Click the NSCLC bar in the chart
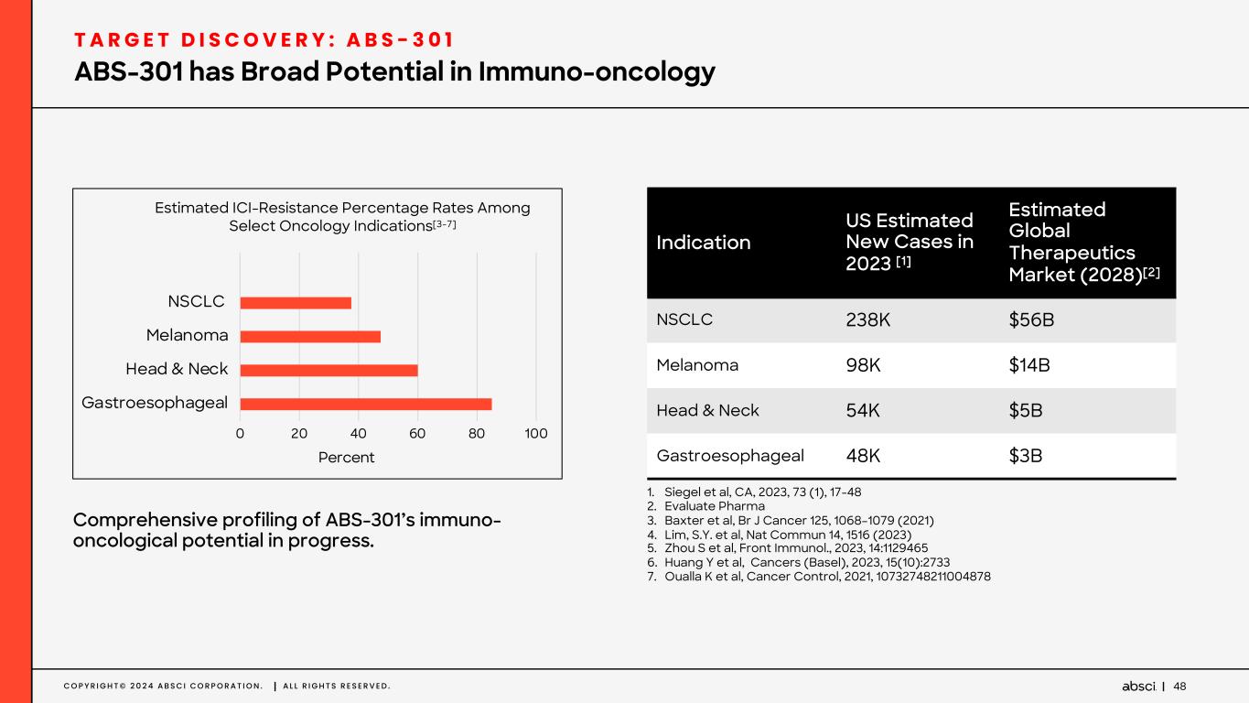pyautogui.click(x=296, y=303)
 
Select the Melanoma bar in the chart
pyautogui.click(x=310, y=336)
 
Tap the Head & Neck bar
pyautogui.click(x=328, y=370)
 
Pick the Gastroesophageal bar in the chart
pyautogui.click(x=366, y=404)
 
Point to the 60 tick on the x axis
pyautogui.click(x=417, y=433)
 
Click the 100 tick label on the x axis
pyautogui.click(x=536, y=433)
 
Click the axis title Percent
pyautogui.click(x=346, y=457)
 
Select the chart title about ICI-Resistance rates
pyautogui.click(x=342, y=217)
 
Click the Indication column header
pyautogui.click(x=704, y=243)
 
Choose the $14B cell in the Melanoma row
pyautogui.click(x=1028, y=365)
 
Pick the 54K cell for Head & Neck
pyautogui.click(x=863, y=411)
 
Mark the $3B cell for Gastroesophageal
pyautogui.click(x=1025, y=456)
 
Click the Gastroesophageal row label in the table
pyautogui.click(x=730, y=456)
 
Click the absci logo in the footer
pyautogui.click(x=1138, y=687)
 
